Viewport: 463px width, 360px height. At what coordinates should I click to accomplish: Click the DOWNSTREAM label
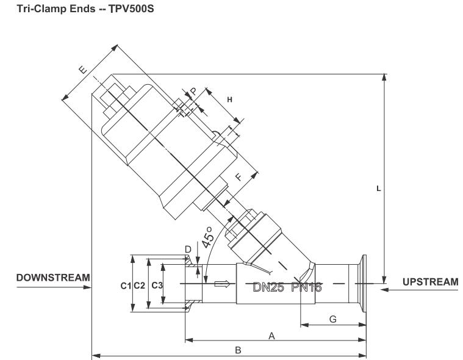pyautogui.click(x=45, y=278)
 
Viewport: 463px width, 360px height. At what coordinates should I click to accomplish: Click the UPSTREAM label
pyautogui.click(x=430, y=281)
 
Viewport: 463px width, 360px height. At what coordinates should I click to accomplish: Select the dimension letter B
pyautogui.click(x=239, y=350)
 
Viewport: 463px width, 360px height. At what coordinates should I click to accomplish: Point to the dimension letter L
pyautogui.click(x=379, y=189)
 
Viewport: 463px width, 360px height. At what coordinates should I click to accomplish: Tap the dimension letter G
pyautogui.click(x=332, y=319)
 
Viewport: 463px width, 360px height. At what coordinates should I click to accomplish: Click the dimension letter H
pyautogui.click(x=230, y=98)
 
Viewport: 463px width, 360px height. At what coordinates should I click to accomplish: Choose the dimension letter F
pyautogui.click(x=239, y=179)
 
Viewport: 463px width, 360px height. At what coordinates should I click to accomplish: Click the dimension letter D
pyautogui.click(x=188, y=249)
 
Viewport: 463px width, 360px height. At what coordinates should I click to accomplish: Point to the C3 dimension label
pyautogui.click(x=157, y=285)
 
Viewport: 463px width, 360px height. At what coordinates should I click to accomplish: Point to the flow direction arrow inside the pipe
pyautogui.click(x=223, y=283)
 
